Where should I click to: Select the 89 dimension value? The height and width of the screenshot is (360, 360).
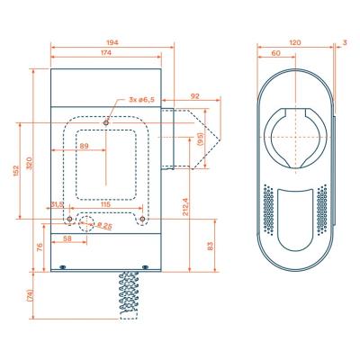click(x=84, y=146)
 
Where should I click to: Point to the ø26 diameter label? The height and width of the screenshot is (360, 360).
click(x=104, y=225)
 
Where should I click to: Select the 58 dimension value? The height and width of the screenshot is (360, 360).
click(x=68, y=238)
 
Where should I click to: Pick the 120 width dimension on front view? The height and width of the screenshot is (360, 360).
click(x=294, y=42)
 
